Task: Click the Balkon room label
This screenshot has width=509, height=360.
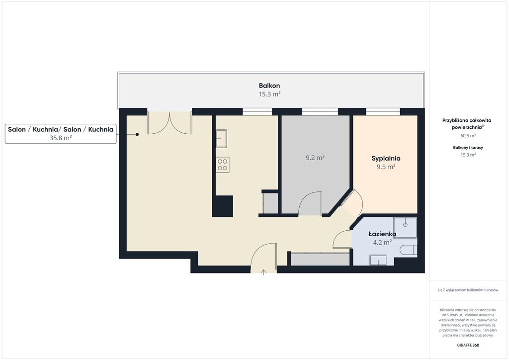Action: click(269, 86)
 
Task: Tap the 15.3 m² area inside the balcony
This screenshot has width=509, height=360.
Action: click(269, 94)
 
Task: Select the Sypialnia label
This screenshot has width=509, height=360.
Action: click(386, 159)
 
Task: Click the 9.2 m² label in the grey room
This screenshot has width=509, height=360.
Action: click(315, 158)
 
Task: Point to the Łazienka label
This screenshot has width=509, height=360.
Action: click(382, 234)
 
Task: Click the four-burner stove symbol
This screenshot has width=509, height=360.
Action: click(223, 165)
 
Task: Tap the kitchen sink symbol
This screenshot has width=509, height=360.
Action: click(221, 139)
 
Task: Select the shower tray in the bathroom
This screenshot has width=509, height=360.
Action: click(405, 228)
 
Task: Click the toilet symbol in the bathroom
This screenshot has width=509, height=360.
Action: click(409, 250)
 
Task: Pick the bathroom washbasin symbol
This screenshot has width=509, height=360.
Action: click(378, 260)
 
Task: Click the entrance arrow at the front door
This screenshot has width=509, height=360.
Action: click(263, 272)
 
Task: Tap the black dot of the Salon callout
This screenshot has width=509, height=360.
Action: click(137, 134)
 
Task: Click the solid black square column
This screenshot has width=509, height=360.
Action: click(223, 206)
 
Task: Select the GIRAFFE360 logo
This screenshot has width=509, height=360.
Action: click(468, 345)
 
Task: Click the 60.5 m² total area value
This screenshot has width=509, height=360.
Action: click(468, 136)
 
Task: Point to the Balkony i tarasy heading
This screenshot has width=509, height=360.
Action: click(468, 147)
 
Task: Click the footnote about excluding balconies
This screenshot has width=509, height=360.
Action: click(468, 290)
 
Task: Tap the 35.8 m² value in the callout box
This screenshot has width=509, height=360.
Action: click(61, 138)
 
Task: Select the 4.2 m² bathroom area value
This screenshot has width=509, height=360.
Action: click(382, 242)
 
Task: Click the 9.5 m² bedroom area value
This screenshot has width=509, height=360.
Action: click(386, 167)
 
